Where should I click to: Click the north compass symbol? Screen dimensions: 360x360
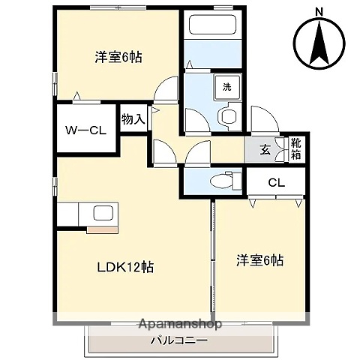(319, 41)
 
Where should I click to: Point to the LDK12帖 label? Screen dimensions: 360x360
(124, 266)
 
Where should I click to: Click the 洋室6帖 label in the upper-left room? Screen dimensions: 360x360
(118, 56)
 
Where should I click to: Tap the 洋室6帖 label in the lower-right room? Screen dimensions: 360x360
(260, 260)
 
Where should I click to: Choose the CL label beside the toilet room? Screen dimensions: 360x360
(276, 181)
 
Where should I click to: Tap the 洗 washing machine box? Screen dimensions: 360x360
(226, 86)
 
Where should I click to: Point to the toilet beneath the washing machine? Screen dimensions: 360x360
(228, 115)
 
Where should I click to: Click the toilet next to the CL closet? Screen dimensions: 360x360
(223, 180)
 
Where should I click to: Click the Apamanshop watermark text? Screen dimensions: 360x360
(180, 325)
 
